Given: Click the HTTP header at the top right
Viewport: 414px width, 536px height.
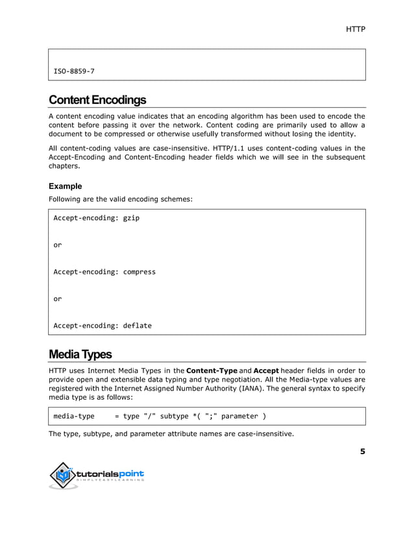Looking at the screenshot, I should click(x=356, y=30).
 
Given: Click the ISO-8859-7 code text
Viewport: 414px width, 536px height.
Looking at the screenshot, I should click(x=74, y=71).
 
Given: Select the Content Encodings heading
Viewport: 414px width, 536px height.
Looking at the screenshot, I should click(x=97, y=100).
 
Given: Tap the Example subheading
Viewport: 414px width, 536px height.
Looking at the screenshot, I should click(x=65, y=186).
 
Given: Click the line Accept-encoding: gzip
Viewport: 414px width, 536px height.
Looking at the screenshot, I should click(x=96, y=218).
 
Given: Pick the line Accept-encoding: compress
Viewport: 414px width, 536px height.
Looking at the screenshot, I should click(x=104, y=272).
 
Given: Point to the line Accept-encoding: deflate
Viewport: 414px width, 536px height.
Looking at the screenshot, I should click(x=102, y=326).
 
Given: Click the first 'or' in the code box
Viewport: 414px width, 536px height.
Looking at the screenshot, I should click(x=57, y=245).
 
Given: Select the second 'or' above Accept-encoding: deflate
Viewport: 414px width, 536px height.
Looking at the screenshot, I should click(x=57, y=299).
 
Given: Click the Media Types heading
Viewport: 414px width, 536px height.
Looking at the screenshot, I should click(x=80, y=354).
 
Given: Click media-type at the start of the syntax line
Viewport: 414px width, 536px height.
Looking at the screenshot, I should click(x=73, y=416).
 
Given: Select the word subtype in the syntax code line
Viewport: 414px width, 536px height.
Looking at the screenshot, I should click(x=175, y=416).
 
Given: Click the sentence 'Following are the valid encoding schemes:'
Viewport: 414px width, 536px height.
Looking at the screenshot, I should click(x=120, y=199).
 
